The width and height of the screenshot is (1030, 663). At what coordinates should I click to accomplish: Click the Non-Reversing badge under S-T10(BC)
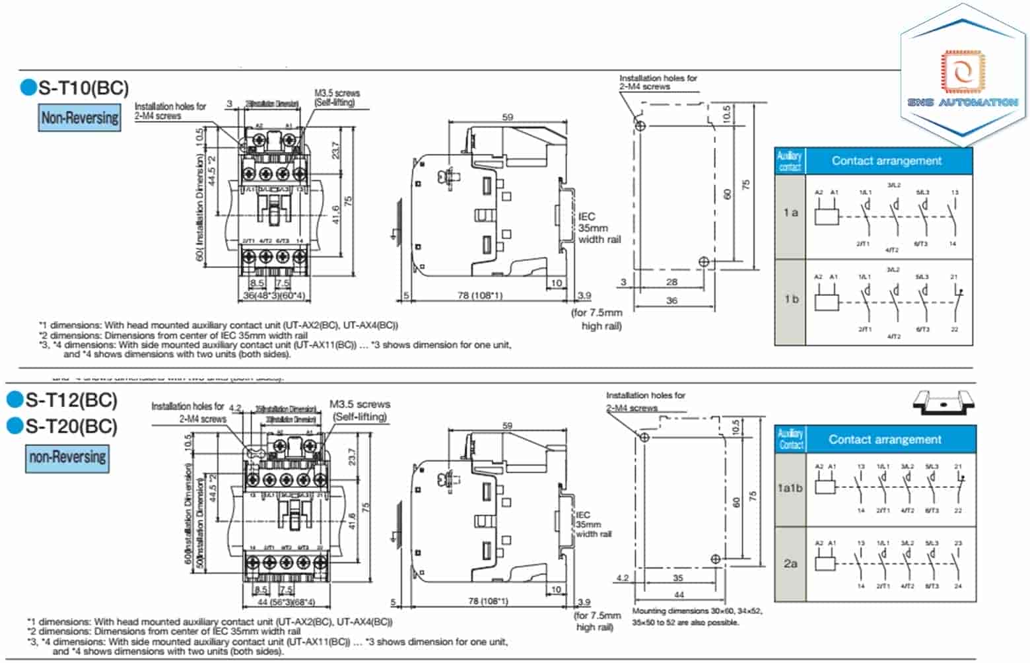click(x=80, y=118)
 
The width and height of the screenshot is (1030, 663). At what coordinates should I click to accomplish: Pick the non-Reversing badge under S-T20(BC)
click(x=67, y=458)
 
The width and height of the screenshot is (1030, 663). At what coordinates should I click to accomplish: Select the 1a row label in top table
click(x=790, y=213)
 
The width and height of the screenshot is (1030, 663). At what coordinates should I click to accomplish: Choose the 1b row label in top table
click(x=791, y=299)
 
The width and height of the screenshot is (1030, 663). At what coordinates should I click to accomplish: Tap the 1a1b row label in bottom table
click(x=790, y=488)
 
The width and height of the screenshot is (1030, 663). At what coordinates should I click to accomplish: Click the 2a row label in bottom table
click(x=790, y=563)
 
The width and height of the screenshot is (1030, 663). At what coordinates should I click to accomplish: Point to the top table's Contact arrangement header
click(x=886, y=161)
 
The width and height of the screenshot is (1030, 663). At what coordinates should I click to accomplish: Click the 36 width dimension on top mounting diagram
click(x=671, y=300)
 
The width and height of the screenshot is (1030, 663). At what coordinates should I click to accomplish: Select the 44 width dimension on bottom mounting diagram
click(x=679, y=595)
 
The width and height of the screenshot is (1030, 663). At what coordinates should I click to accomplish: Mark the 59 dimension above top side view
click(x=507, y=117)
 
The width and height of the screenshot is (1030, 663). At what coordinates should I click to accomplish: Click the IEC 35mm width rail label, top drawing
click(x=599, y=228)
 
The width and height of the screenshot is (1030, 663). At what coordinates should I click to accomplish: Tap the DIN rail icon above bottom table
click(x=944, y=403)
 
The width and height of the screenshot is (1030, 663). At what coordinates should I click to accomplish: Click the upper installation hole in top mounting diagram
click(x=640, y=125)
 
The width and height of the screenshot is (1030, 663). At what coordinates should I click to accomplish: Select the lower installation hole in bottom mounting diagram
click(x=716, y=559)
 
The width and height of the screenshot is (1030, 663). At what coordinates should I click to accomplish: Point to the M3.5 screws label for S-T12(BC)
click(x=360, y=410)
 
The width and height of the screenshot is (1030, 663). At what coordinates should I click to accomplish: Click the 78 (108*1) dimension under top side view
click(x=479, y=295)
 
